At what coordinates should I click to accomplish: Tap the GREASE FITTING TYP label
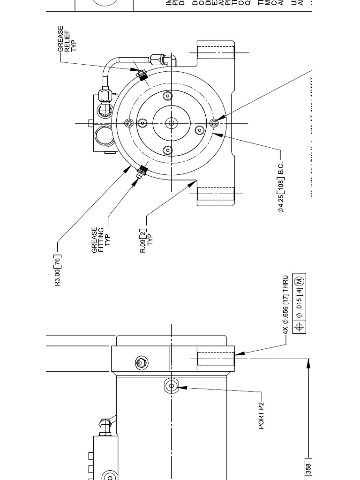pos(102,240)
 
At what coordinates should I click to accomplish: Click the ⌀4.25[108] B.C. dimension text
pos(281,187)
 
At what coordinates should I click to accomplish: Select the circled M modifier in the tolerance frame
pos(299,281)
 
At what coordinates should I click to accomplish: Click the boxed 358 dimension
pos(309,469)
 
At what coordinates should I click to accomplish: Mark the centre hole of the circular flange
pos(172,123)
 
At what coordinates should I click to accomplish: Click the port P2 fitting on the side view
pos(171,386)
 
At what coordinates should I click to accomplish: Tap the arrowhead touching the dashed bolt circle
pos(215,134)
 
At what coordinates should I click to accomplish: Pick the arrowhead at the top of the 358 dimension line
pos(309,363)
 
